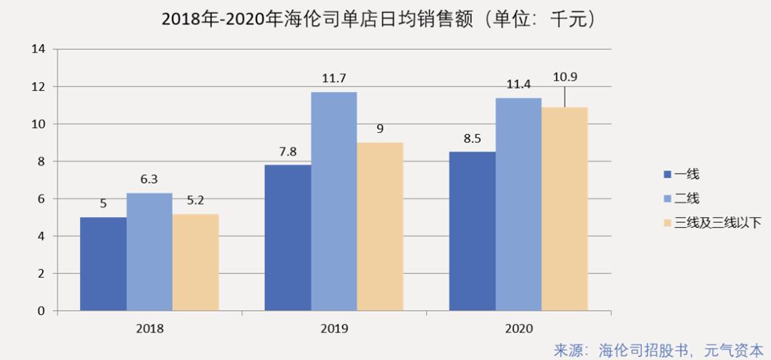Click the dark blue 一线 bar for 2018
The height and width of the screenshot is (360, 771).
(103, 264)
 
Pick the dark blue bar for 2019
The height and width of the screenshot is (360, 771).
(288, 238)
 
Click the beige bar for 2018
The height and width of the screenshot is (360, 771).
(195, 262)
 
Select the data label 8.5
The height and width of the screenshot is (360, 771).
(472, 137)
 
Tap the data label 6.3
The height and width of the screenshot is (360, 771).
(149, 179)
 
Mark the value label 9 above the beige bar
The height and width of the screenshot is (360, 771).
(380, 129)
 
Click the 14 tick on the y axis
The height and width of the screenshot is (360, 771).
(39, 49)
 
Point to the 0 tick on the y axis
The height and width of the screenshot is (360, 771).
(41, 311)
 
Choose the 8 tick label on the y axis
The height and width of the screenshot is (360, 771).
(41, 161)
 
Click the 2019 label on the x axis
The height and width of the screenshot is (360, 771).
(333, 329)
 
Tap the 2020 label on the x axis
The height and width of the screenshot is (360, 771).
(518, 329)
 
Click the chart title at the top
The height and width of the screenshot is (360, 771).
(378, 19)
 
